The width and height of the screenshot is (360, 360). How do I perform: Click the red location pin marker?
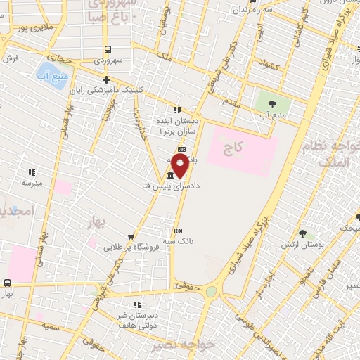[x=180, y=166]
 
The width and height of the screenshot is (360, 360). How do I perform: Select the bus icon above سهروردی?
[x=108, y=49]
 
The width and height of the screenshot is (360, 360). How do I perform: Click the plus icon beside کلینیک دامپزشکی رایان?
[x=106, y=79]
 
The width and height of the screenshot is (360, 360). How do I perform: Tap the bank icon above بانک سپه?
[x=177, y=230]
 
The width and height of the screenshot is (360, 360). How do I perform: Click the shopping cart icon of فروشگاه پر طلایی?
[x=96, y=247]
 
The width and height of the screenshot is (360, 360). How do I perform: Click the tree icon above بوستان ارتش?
[x=303, y=233]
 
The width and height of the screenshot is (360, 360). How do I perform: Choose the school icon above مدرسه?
[x=31, y=172]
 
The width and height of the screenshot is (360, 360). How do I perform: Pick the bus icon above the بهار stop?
[x=7, y=283]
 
